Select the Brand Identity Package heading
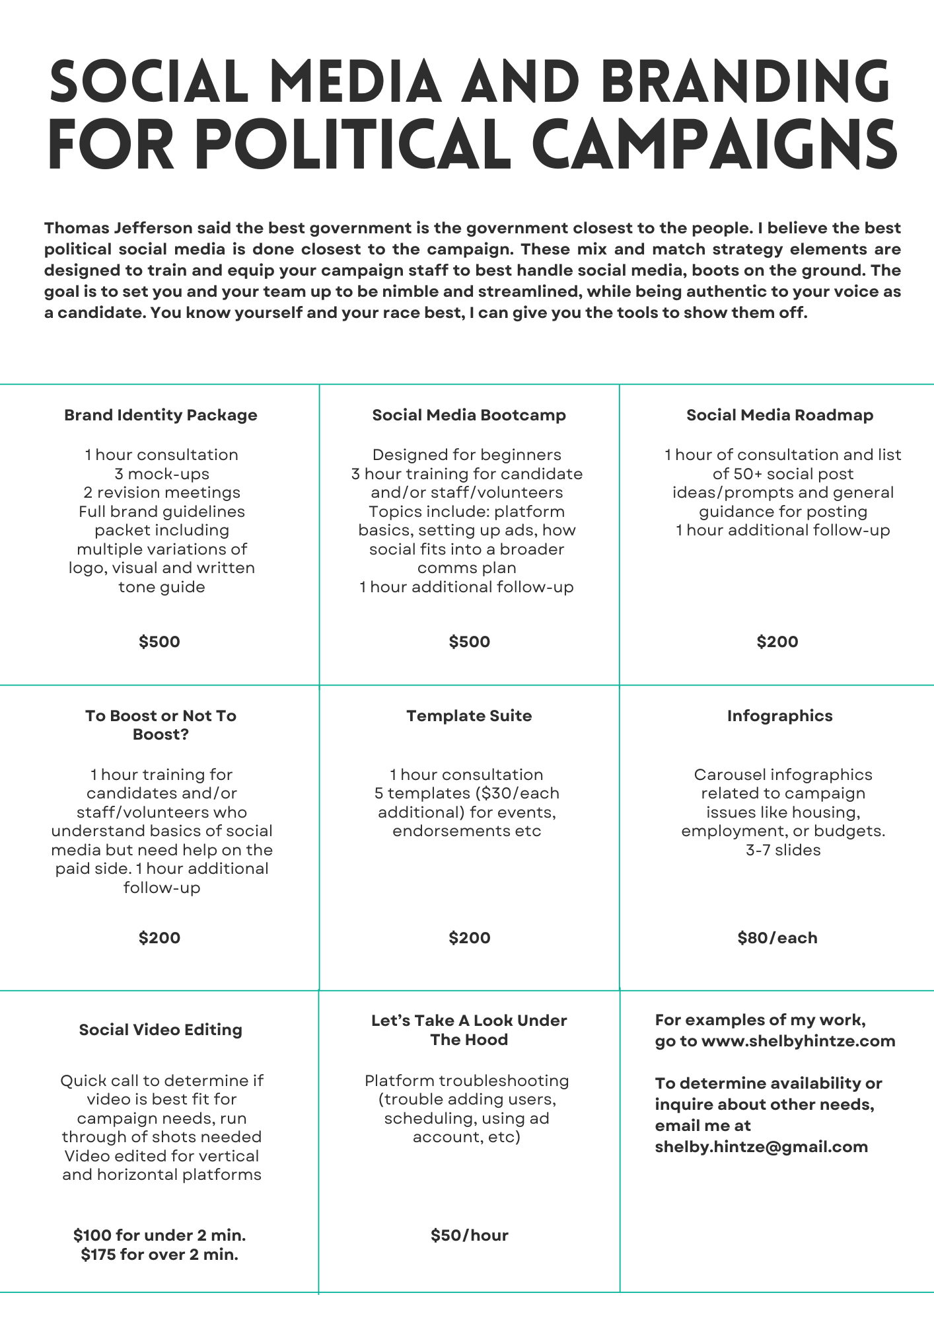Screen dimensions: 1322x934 (x=161, y=415)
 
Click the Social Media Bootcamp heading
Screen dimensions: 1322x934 (x=469, y=415)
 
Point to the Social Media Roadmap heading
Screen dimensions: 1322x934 (x=779, y=415)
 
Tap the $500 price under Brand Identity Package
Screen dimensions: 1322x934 (x=159, y=642)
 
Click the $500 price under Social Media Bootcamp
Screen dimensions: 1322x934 (x=469, y=642)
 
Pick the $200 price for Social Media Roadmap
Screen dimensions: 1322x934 (x=777, y=642)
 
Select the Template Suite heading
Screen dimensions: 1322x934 (x=469, y=716)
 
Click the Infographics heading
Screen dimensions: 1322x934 (x=779, y=716)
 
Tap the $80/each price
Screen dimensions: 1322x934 (x=777, y=938)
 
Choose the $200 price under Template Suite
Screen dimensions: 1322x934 (x=469, y=938)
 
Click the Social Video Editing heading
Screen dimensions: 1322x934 (x=161, y=1030)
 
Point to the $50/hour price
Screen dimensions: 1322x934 (x=469, y=1235)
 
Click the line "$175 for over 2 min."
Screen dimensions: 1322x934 (x=160, y=1255)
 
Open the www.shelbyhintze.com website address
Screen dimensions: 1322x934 (x=798, y=1041)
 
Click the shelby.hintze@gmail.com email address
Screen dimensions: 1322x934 (x=761, y=1147)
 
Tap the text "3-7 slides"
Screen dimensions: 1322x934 (x=783, y=850)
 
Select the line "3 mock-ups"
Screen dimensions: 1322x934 (x=162, y=474)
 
